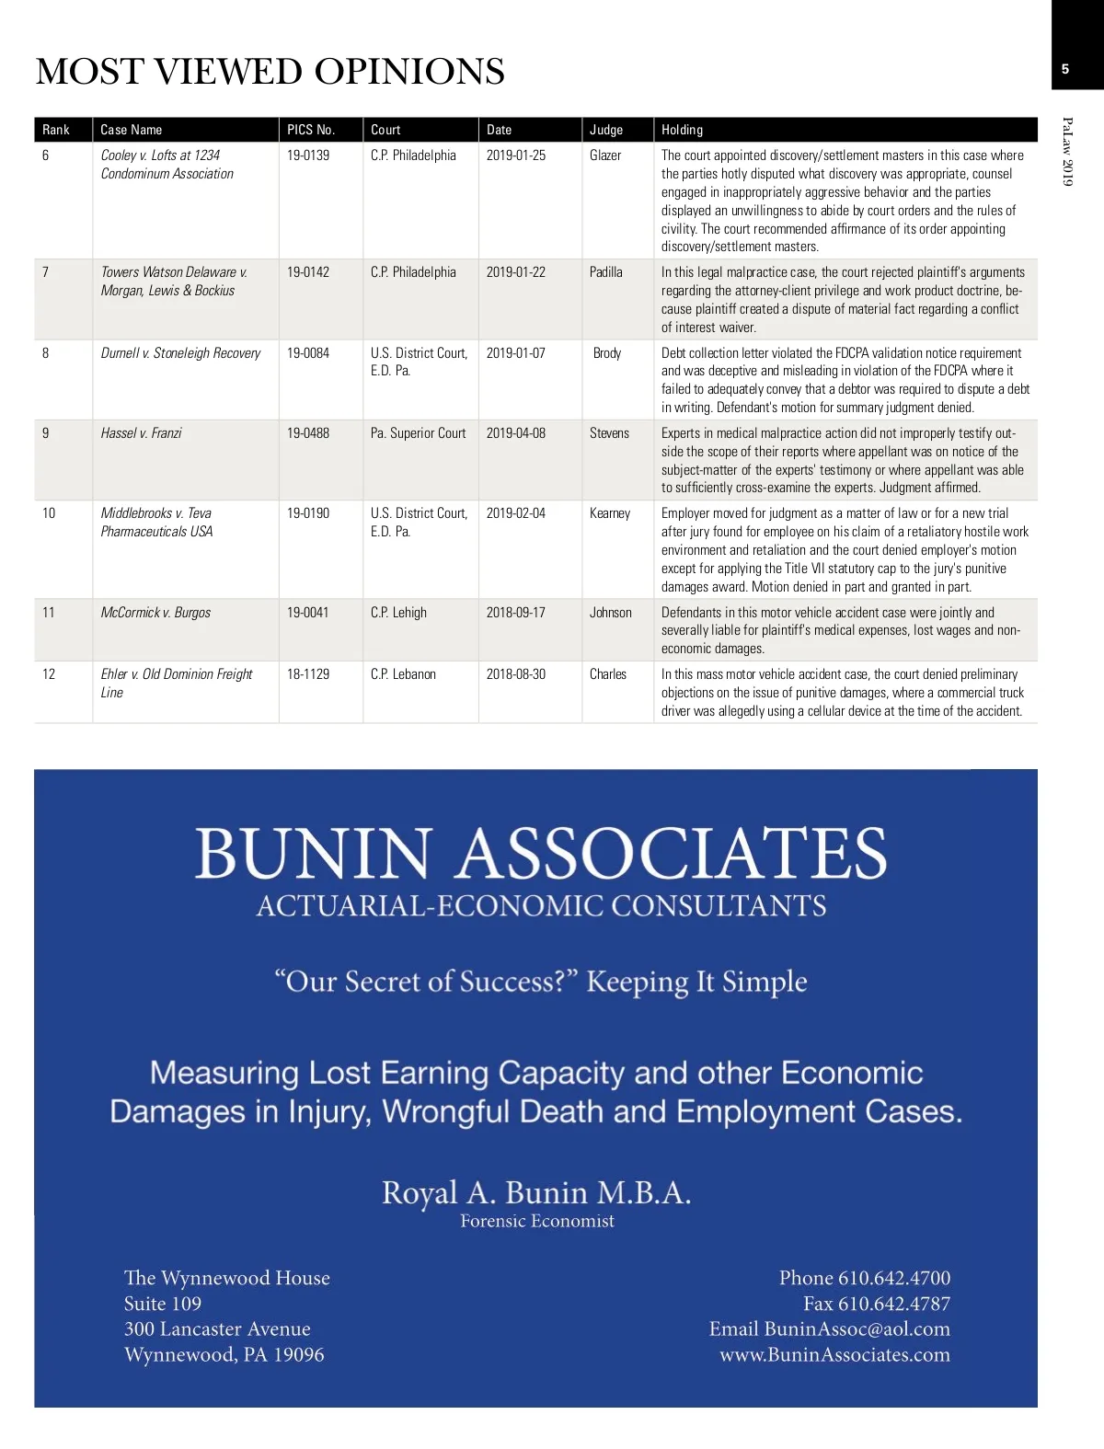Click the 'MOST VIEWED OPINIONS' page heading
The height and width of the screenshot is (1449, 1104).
[270, 72]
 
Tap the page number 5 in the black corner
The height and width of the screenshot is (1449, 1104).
[1065, 69]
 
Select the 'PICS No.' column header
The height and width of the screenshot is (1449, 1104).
[311, 130]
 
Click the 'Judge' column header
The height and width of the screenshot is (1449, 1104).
[606, 130]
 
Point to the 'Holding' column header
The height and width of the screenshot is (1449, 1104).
[682, 130]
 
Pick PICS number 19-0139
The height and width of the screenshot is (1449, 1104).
[308, 155]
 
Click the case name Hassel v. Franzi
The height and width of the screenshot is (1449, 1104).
[141, 433]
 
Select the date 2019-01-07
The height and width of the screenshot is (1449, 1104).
[515, 353]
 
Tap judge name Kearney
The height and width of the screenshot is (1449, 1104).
[610, 513]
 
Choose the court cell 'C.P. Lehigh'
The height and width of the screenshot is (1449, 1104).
[398, 613]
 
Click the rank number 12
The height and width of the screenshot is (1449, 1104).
[49, 674]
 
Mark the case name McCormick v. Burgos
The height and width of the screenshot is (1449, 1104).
[155, 613]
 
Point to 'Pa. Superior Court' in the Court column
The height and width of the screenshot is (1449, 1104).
[418, 433]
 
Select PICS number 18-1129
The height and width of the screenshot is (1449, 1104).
[308, 674]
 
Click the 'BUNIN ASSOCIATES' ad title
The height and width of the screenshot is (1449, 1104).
[541, 853]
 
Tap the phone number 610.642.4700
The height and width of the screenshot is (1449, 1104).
[893, 1278]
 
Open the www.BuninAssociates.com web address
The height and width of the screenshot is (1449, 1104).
[834, 1354]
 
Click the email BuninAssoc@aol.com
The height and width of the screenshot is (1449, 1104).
[857, 1328]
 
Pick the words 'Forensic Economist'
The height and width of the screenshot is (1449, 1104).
[537, 1221]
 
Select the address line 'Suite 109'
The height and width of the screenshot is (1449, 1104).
[163, 1304]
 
